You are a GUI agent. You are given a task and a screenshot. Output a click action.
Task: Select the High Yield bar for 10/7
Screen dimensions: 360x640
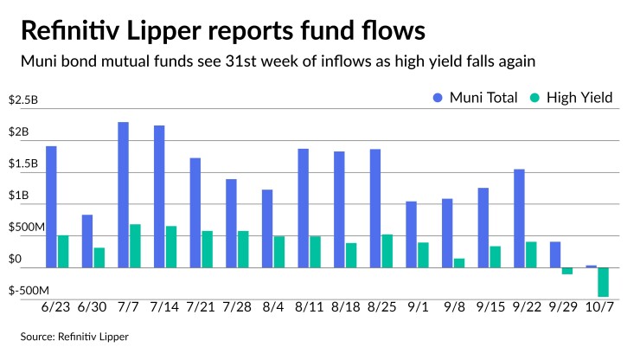tap(603, 282)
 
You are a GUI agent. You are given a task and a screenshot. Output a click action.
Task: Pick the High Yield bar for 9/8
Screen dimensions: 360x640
tap(458, 263)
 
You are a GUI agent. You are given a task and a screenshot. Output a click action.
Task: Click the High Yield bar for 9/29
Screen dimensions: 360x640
tap(567, 271)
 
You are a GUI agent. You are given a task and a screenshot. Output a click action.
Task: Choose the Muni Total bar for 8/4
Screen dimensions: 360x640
tap(267, 228)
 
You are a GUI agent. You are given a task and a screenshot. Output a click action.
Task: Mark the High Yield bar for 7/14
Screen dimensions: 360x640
tap(171, 247)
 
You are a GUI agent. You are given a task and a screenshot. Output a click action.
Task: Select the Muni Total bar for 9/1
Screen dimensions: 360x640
tap(411, 235)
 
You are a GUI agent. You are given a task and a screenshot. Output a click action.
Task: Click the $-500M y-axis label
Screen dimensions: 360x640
tap(29, 291)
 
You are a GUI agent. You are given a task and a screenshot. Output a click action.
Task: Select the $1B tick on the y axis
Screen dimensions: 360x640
tap(18, 196)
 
